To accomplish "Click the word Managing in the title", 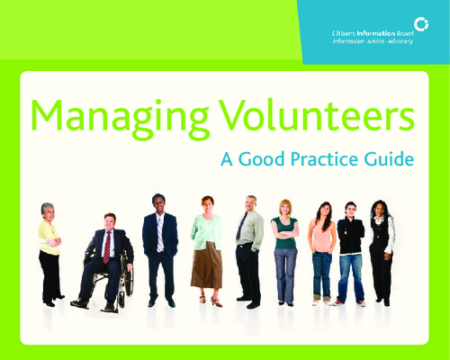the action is (x=120, y=120).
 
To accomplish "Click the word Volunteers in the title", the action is (x=317, y=115).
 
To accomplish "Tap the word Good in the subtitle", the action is (x=261, y=158).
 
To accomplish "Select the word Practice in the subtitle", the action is (x=325, y=158).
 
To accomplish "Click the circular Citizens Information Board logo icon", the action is (x=421, y=24).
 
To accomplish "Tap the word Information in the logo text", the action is (x=375, y=33).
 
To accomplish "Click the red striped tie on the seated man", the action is (x=107, y=247).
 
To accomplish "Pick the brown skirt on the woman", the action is (x=207, y=265).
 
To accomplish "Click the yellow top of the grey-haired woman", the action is (x=49, y=238).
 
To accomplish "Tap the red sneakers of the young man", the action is (x=349, y=303).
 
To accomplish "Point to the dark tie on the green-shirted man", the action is (x=241, y=226).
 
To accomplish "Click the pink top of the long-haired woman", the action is (x=322, y=237).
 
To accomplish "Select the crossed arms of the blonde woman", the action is (x=285, y=234).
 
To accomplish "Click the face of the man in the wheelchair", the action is (x=109, y=223).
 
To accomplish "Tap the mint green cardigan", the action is (x=206, y=232).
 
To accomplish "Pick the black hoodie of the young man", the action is (x=351, y=236).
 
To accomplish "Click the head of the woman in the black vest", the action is (x=379, y=209).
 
